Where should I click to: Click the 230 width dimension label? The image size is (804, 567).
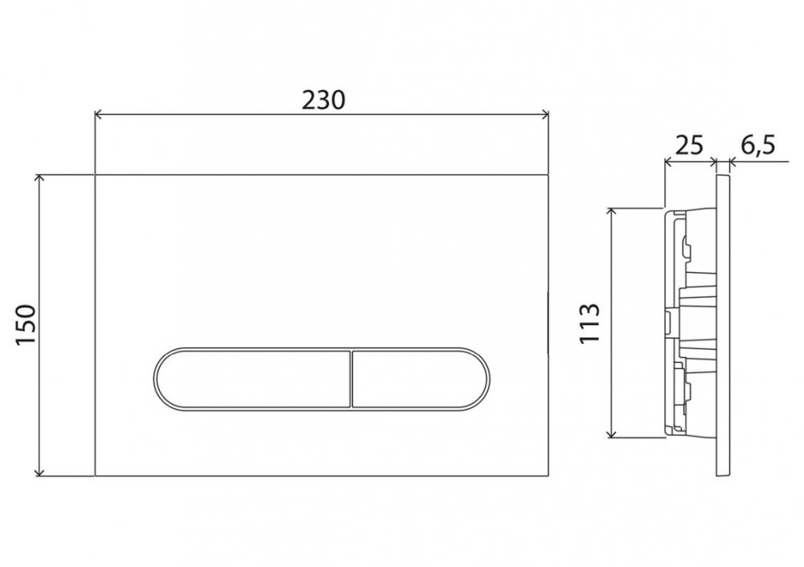tap(323, 99)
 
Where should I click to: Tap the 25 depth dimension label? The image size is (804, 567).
tap(689, 145)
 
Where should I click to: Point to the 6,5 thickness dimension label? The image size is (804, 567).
tap(757, 145)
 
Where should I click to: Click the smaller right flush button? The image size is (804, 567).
tap(415, 378)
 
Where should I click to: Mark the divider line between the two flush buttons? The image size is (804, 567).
tap(351, 378)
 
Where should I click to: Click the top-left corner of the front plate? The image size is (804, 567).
tap(96, 174)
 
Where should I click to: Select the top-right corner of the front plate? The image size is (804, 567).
tap(548, 174)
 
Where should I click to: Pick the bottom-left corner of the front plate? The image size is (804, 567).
tap(96, 475)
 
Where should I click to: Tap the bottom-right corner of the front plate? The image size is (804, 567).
tap(548, 475)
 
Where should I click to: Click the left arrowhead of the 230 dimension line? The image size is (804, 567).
tap(99, 115)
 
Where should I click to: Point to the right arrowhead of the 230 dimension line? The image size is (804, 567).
tap(544, 115)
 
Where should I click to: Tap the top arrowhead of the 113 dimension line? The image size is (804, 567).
tap(613, 210)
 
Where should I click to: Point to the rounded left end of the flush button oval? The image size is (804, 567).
tap(156, 378)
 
